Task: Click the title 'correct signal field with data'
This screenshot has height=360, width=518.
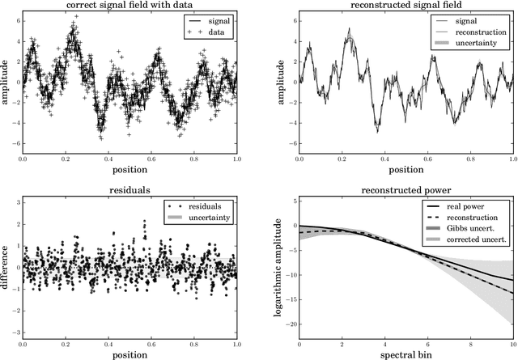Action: pyautogui.click(x=129, y=6)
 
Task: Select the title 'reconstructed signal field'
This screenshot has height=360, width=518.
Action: pyautogui.click(x=405, y=6)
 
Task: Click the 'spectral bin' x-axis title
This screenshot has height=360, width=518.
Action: pyautogui.click(x=405, y=353)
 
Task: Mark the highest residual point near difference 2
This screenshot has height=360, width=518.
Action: pyautogui.click(x=144, y=220)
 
